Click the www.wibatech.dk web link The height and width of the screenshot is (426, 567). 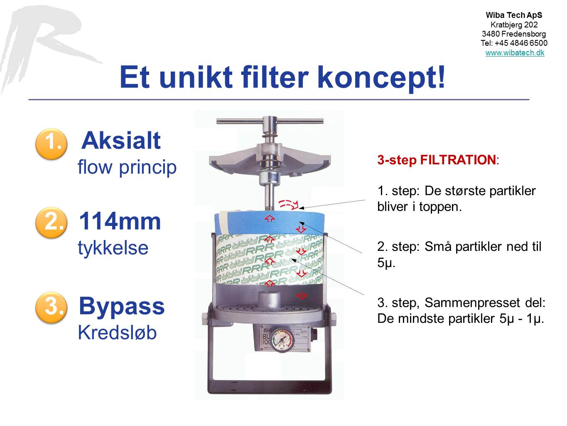click(x=515, y=53)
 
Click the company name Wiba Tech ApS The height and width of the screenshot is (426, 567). click(x=514, y=15)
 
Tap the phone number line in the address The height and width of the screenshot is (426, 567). click(x=514, y=43)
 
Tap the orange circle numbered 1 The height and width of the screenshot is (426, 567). click(x=52, y=144)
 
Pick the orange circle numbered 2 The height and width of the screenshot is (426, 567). click(x=52, y=223)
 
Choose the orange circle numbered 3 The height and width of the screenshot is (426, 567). click(x=52, y=307)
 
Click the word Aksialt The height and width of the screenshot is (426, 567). click(x=121, y=141)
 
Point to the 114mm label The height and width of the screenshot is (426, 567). click(x=120, y=221)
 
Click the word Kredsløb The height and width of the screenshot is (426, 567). click(x=117, y=333)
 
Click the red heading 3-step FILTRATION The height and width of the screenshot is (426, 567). click(x=437, y=160)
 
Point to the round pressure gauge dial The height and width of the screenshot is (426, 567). click(x=282, y=339)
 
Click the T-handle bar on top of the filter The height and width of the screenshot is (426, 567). click(x=270, y=121)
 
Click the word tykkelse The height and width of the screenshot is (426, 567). click(x=113, y=248)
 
